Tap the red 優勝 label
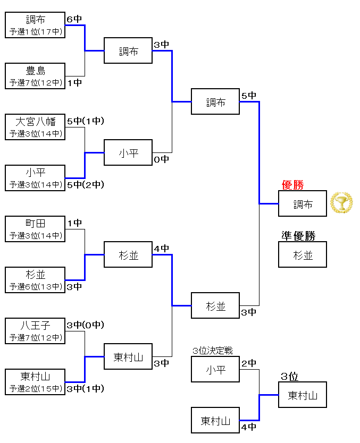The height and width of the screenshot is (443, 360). pyautogui.click(x=293, y=185)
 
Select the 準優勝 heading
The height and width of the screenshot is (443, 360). pyautogui.click(x=298, y=236)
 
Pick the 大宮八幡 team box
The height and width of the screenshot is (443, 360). pyautogui.click(x=35, y=127)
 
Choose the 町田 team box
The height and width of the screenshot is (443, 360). pyautogui.click(x=35, y=229)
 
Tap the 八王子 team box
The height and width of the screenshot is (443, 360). pyautogui.click(x=35, y=331)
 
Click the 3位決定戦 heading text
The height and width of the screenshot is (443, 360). pyautogui.click(x=213, y=351)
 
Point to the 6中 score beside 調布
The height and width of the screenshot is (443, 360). pyautogui.click(x=74, y=19)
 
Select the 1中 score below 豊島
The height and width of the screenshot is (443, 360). pyautogui.click(x=74, y=82)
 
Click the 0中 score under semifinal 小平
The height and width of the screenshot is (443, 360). pyautogui.click(x=161, y=159)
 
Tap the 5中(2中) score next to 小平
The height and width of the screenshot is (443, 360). pyautogui.click(x=85, y=184)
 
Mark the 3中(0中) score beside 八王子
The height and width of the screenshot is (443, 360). pyautogui.click(x=85, y=325)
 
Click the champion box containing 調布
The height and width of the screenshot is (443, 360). pyautogui.click(x=303, y=203)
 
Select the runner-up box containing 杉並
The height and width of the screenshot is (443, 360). pyautogui.click(x=303, y=254)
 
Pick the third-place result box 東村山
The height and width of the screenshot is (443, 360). pyautogui.click(x=303, y=395)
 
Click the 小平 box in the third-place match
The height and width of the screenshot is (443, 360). pyautogui.click(x=215, y=369)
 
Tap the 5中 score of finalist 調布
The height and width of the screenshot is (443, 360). pyautogui.click(x=248, y=96)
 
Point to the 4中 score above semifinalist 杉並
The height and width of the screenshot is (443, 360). pyautogui.click(x=161, y=248)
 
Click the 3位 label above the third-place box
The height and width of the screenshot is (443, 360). pyautogui.click(x=289, y=377)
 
